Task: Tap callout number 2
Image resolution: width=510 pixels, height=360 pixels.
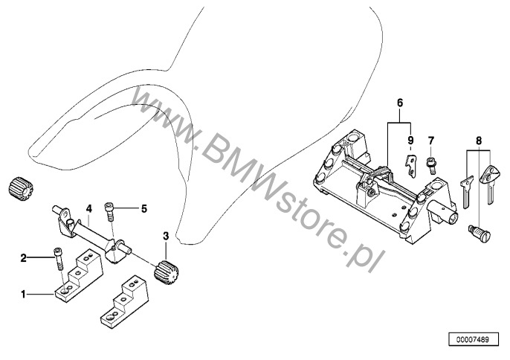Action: coord(24,258)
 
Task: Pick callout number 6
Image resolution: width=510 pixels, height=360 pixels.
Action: coord(398,102)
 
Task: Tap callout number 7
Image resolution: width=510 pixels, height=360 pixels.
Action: coord(430,140)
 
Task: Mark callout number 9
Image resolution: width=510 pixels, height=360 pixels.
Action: coord(409,140)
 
